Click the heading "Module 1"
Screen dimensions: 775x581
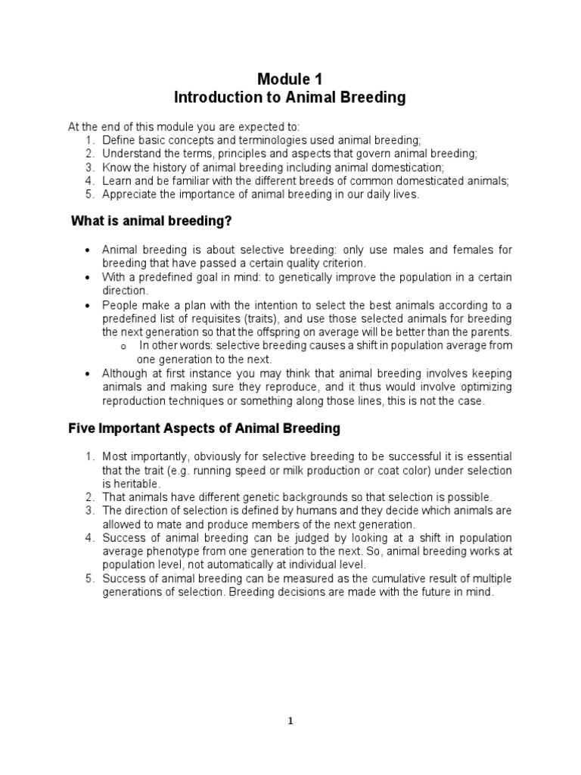[x=290, y=78]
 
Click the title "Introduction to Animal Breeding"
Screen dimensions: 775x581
[x=290, y=98]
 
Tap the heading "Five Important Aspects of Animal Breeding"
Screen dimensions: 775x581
[x=204, y=428]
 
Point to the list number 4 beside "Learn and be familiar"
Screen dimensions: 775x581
[x=89, y=180]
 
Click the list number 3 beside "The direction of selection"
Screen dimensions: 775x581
[x=89, y=511]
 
